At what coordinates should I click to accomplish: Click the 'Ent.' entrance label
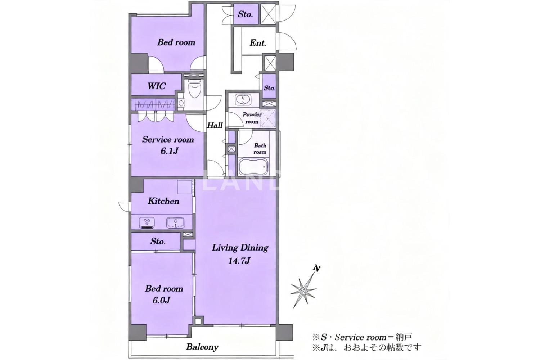click(258, 43)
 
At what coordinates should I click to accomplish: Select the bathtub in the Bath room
click(253, 166)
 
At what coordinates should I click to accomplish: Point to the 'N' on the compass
click(317, 268)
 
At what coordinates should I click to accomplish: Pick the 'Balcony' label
click(202, 347)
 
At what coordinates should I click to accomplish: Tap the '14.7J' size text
click(239, 261)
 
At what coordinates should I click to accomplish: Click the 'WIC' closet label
click(157, 86)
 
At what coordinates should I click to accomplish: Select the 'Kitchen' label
click(163, 201)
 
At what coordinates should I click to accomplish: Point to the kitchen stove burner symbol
click(147, 222)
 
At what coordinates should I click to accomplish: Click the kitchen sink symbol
click(175, 222)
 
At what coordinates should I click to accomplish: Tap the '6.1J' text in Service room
click(169, 151)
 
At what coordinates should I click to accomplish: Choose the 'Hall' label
click(215, 125)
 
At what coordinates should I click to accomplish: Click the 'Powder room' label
click(252, 118)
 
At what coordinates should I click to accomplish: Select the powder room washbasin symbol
click(243, 100)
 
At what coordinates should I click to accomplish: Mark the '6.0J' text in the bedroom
click(162, 300)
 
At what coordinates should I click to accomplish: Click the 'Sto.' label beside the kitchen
click(158, 241)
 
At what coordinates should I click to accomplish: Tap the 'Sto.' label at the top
click(245, 14)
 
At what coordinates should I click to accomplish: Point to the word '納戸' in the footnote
click(405, 337)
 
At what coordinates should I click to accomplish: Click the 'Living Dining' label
click(240, 248)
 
